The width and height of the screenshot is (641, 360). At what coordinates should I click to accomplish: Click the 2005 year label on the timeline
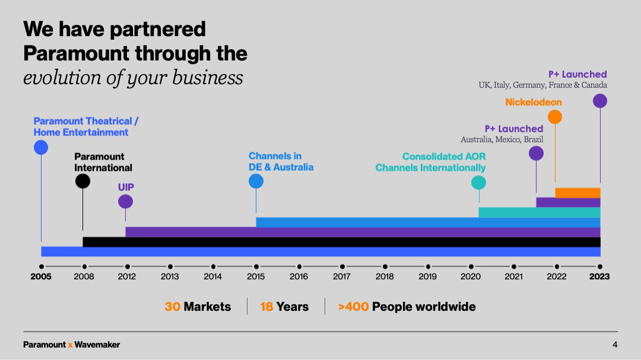pos(41,276)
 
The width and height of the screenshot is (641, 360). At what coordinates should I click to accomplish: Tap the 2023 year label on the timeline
pos(599,276)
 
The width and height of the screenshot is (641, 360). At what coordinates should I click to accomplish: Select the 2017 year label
pos(341,276)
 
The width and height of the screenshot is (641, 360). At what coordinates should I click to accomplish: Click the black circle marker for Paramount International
pos(83,181)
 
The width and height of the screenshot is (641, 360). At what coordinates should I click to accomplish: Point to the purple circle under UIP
pos(125,202)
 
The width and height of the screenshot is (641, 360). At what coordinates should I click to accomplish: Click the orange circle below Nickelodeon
pos(555,117)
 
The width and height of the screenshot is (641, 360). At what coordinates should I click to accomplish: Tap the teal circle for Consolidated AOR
pos(478,183)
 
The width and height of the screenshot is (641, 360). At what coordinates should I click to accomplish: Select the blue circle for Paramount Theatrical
pos(41,148)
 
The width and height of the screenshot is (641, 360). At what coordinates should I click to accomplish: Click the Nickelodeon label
pos(533,102)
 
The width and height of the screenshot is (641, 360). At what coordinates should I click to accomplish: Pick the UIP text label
pos(126,187)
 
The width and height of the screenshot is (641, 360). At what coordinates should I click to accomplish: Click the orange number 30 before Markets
pos(172,307)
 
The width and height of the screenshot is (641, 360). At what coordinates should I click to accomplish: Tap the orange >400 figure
pos(353,307)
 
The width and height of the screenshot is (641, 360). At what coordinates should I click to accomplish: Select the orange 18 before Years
pos(266,307)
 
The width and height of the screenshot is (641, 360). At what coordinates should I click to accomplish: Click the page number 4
pos(615,345)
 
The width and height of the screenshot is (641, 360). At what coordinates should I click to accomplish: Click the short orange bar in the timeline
pos(577,192)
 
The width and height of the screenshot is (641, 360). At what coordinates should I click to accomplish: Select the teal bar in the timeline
pos(539,212)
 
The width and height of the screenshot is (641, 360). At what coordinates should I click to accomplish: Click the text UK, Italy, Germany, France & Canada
pos(542,85)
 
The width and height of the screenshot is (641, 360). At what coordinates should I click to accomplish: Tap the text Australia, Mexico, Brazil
pos(502,139)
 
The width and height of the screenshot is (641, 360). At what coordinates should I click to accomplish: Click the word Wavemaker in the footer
pos(97,345)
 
